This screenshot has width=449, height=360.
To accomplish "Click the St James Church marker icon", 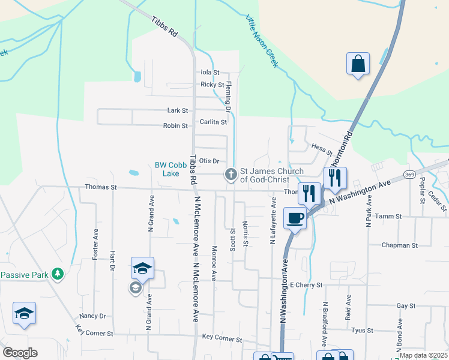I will [x=230, y=175].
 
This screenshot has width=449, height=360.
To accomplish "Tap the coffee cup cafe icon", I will [x=295, y=218].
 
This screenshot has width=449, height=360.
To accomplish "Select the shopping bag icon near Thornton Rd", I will [x=358, y=64].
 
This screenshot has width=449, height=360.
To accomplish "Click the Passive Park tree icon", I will [x=58, y=274].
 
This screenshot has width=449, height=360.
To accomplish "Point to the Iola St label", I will [x=210, y=72].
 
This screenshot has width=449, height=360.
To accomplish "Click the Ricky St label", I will [x=212, y=85].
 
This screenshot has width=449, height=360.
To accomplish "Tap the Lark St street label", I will [x=178, y=110].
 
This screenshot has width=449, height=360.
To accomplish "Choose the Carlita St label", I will [x=214, y=122].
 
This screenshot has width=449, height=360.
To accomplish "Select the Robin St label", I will [x=176, y=126].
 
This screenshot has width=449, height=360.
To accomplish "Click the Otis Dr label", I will [x=209, y=161].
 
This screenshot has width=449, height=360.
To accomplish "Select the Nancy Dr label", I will [x=92, y=316].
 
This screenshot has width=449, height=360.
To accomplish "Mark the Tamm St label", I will [x=387, y=215].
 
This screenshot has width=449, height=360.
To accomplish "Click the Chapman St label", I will [x=400, y=245].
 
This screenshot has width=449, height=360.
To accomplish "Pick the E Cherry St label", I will [x=306, y=284].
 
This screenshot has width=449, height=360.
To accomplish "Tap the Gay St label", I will [x=406, y=305].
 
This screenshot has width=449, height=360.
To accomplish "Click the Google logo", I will [x=20, y=352].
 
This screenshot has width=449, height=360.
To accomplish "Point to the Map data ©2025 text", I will [x=423, y=355].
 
